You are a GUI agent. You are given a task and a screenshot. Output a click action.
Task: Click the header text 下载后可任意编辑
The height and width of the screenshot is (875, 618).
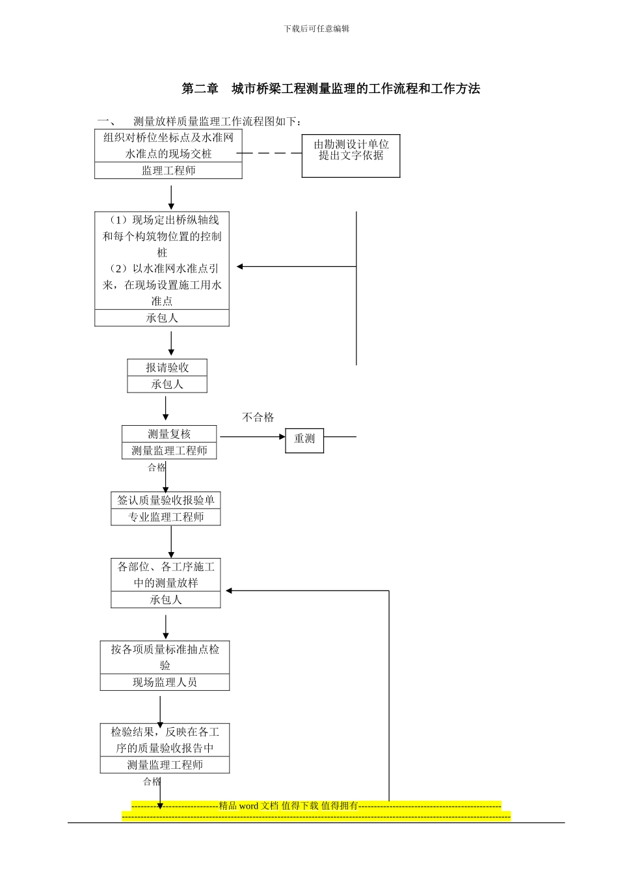317,29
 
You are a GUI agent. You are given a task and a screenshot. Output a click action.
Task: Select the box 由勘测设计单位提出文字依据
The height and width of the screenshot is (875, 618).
351,156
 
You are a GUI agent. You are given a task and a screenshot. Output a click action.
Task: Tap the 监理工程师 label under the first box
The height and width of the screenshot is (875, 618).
168,171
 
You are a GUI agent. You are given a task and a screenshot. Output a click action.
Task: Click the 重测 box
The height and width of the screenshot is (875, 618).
304,439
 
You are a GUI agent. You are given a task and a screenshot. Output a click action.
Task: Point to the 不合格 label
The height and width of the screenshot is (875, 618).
258,417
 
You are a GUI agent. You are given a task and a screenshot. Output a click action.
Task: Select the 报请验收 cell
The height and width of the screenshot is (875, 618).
167,368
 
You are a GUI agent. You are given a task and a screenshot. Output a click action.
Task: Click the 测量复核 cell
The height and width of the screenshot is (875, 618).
169,434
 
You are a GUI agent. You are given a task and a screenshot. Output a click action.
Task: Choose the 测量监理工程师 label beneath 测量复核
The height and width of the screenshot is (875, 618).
169,451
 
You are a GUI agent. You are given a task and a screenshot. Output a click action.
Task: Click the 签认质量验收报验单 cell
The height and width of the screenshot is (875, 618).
166,501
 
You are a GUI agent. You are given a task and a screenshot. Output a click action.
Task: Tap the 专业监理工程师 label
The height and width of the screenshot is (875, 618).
166,517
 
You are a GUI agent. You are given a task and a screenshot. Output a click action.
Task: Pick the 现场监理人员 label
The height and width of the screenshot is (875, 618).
165,682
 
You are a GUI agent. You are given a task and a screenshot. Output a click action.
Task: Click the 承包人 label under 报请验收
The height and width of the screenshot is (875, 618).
167,385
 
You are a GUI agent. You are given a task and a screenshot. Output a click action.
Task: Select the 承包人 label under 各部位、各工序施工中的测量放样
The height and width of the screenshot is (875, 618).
166,600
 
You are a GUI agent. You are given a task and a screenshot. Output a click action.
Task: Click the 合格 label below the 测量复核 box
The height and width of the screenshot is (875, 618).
156,467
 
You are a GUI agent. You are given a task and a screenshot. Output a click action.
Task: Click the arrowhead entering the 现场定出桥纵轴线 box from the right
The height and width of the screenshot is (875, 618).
240,266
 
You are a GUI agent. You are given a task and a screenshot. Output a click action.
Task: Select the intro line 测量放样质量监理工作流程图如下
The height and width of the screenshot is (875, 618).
217,122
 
